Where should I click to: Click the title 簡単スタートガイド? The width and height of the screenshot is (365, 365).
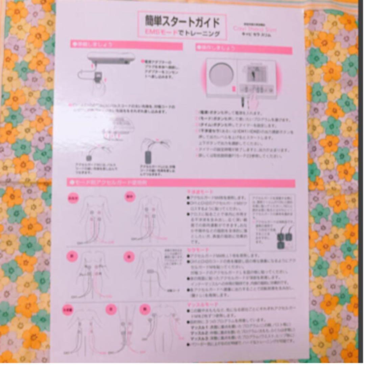pos(182,22)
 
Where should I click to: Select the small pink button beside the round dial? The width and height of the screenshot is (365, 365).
pos(234,89)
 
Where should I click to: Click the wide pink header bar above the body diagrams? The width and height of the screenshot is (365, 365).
pos(181,183)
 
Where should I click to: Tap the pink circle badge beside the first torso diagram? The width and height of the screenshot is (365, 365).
pos(73,198)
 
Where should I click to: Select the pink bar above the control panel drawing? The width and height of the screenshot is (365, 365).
pos(243,49)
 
